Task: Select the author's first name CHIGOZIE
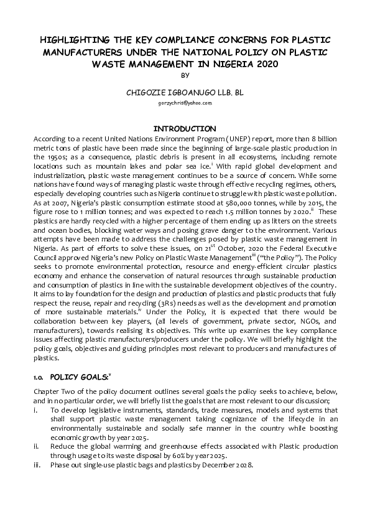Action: click(x=150, y=91)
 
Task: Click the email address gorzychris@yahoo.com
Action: click(x=185, y=102)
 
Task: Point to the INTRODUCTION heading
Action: click(x=185, y=128)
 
